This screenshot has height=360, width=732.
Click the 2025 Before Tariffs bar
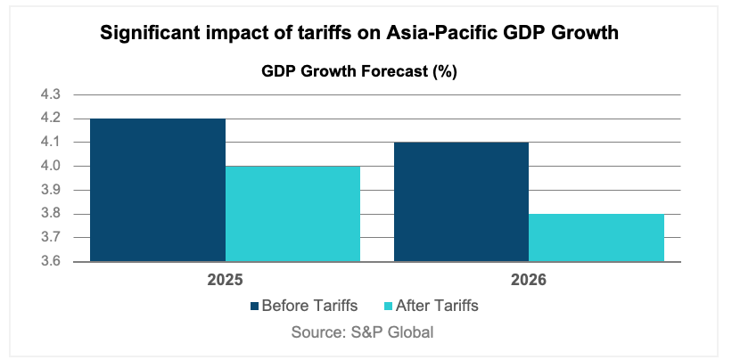click(x=158, y=190)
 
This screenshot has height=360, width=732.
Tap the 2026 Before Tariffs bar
click(x=461, y=201)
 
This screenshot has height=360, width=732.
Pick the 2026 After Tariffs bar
click(x=596, y=238)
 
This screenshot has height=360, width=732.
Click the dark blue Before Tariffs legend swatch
click(x=256, y=307)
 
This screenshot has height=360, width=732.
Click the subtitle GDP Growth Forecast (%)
click(x=359, y=72)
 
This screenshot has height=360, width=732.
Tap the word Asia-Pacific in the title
click(x=427, y=35)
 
